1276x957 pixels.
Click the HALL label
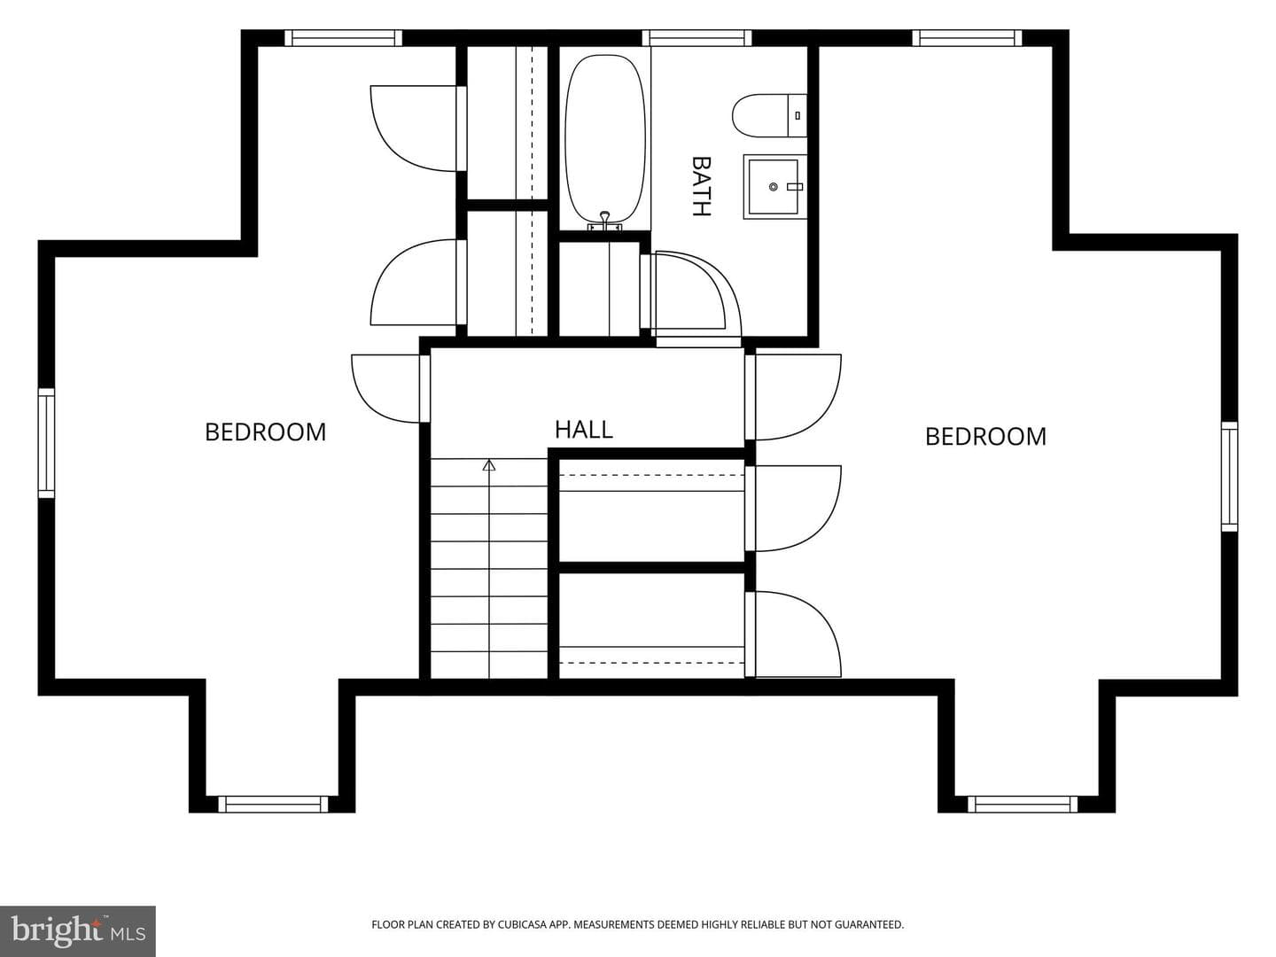tap(584, 430)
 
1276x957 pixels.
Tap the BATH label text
tap(701, 186)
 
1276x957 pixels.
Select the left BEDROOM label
tap(266, 432)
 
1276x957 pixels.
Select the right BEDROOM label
tap(985, 437)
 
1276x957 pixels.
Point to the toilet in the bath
tap(769, 115)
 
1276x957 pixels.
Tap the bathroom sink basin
tap(775, 186)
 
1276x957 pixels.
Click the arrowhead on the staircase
tap(489, 465)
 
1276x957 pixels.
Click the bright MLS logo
tap(78, 930)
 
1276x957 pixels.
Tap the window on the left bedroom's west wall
tap(46, 443)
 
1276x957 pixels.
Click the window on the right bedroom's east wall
tap(1229, 477)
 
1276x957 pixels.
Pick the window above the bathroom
tap(696, 38)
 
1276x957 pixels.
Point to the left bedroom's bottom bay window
tap(273, 805)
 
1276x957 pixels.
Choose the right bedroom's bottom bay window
tap(1023, 805)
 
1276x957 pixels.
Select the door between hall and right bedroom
tap(793, 397)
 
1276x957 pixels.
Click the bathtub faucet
tap(605, 222)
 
